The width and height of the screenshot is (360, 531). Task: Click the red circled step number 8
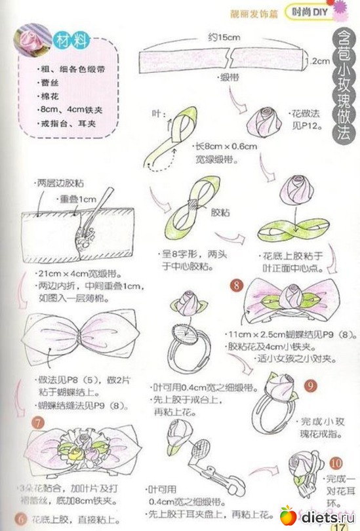coord(237,286)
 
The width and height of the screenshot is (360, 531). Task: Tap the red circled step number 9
coord(311,386)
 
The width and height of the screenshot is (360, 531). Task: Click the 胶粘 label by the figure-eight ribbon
coord(218,213)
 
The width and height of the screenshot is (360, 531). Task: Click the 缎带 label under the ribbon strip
coord(229,77)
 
